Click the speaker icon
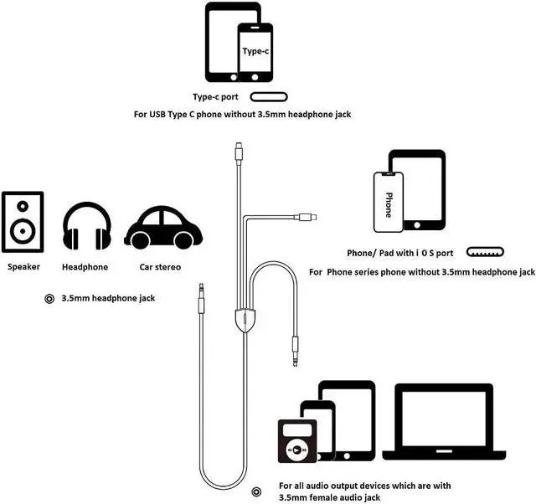coord(23,222)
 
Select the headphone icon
coord(87,225)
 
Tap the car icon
coord(163,228)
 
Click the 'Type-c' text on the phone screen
coord(255,51)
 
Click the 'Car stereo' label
coord(160,267)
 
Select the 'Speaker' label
coord(23,267)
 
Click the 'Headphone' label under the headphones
coord(85,267)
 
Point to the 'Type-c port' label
coord(216,97)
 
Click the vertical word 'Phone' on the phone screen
coord(388,203)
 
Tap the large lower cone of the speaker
coord(23,232)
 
